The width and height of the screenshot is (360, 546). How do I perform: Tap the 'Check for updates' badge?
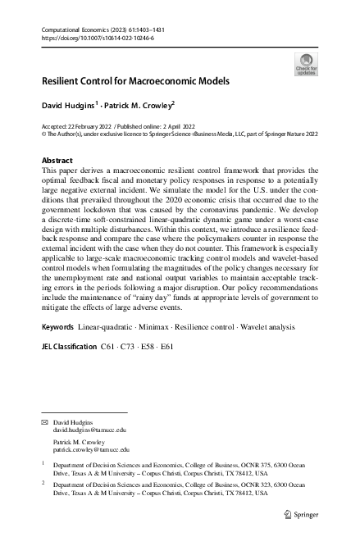[306, 64]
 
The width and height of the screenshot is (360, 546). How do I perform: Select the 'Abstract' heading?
[57, 160]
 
